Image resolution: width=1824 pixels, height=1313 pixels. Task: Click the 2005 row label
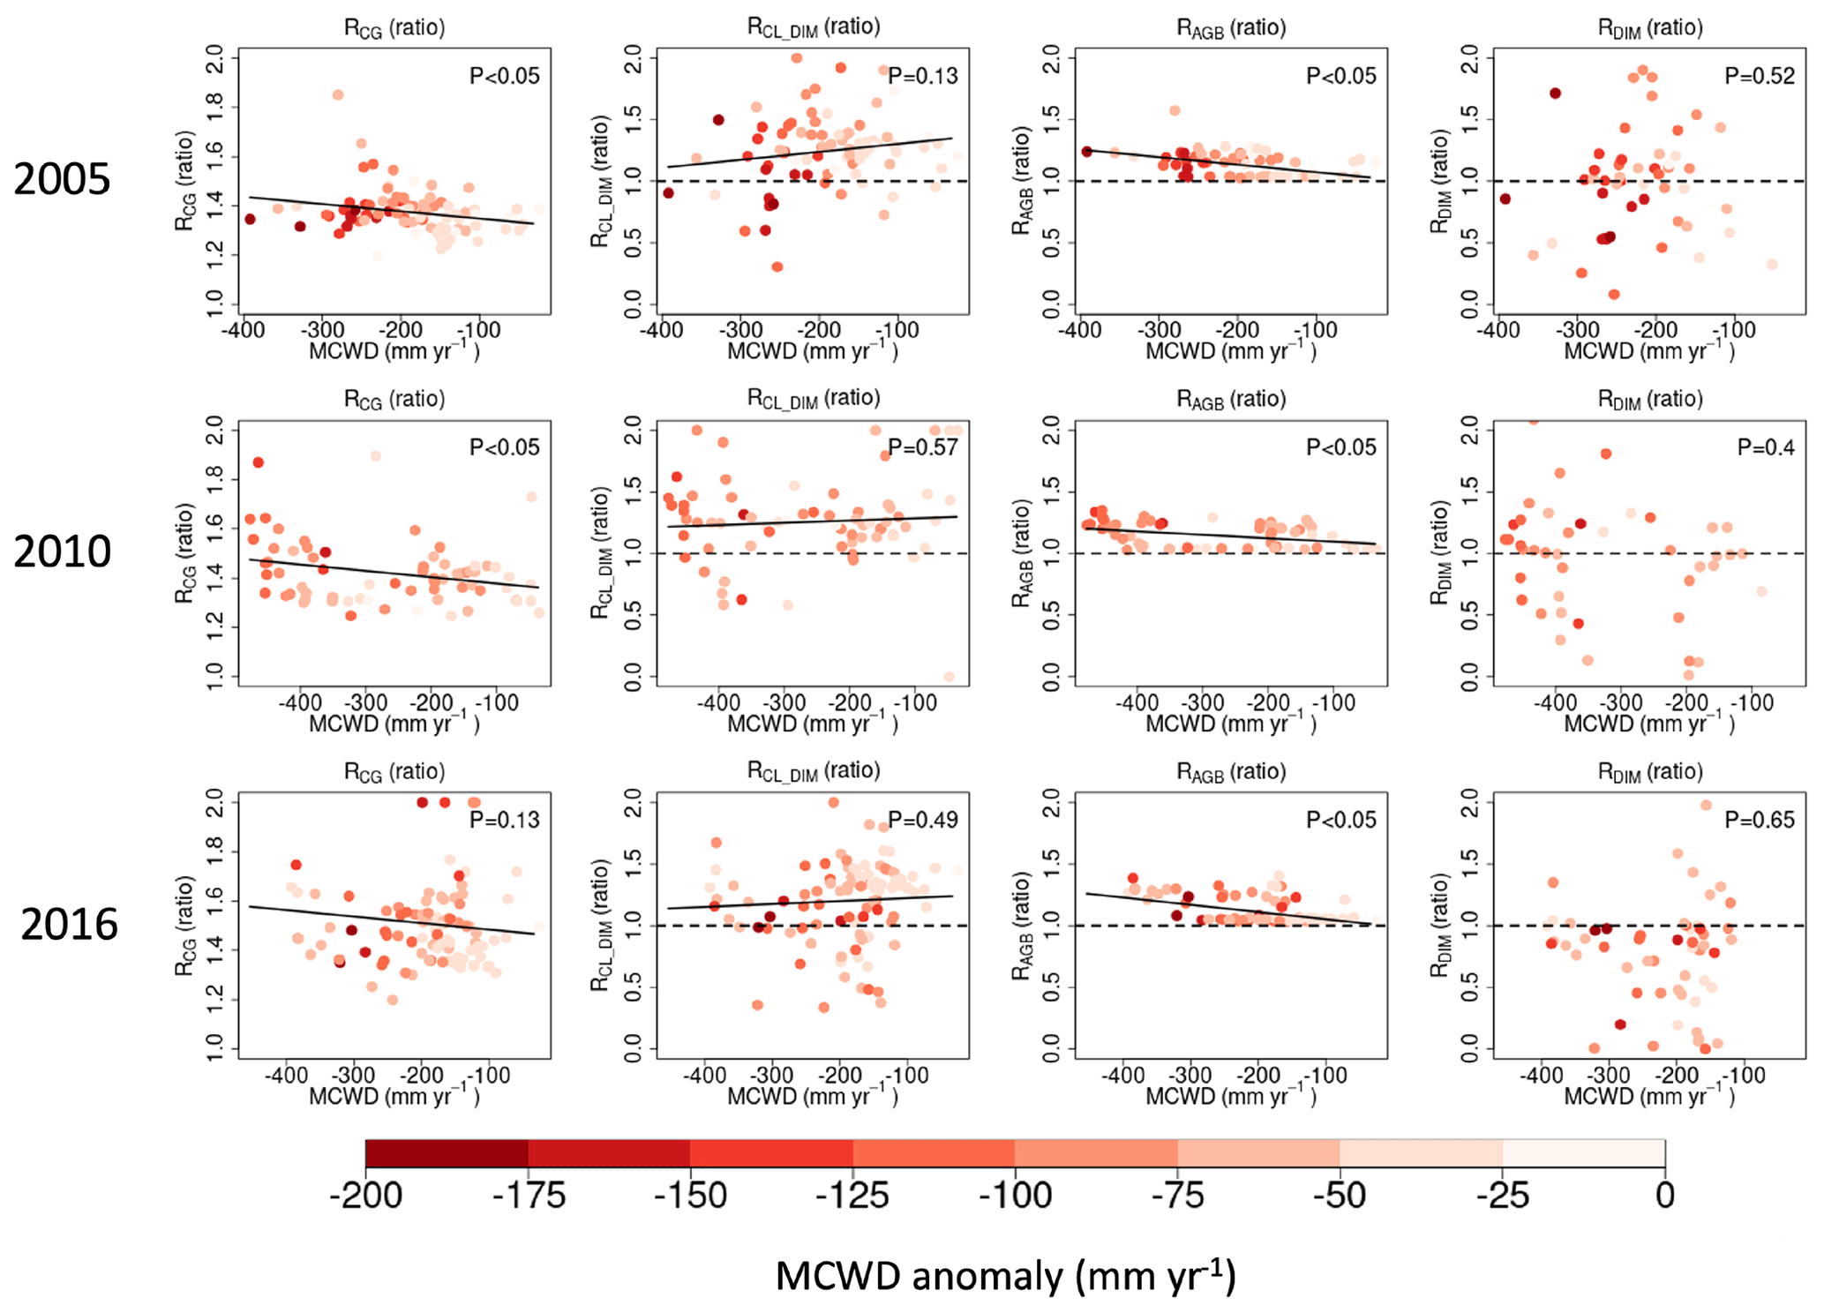point(62,179)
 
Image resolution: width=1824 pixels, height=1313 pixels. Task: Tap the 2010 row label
point(62,551)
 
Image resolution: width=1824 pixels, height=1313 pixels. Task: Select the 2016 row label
point(69,925)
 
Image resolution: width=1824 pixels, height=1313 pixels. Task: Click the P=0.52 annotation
point(1760,76)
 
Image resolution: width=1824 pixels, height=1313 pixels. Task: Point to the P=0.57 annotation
point(923,447)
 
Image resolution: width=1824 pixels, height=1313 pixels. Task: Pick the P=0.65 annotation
point(1760,820)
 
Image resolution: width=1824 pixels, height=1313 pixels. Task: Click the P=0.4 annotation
point(1766,447)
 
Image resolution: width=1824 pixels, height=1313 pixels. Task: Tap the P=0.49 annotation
point(923,820)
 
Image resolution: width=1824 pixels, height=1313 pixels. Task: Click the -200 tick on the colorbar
point(365,1196)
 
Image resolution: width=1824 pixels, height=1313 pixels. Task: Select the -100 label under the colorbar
point(1015,1196)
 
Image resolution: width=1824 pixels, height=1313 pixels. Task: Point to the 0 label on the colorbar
point(1664,1196)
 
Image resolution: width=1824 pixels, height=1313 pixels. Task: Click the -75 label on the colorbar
point(1177,1196)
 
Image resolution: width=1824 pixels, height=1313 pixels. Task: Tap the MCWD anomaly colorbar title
point(1005,1276)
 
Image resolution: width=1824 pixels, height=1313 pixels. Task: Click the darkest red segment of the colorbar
point(447,1152)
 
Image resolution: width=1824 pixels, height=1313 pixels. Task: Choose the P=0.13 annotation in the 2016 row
point(505,820)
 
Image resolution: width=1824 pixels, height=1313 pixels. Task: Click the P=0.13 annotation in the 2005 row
point(923,76)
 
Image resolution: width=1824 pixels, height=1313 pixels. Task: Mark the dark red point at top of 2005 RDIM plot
point(1555,93)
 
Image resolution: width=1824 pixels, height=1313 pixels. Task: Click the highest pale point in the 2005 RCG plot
point(338,94)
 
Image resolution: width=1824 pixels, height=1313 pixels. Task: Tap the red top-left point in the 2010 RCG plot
point(259,462)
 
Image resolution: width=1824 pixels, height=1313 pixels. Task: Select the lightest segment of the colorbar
point(1583,1152)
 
